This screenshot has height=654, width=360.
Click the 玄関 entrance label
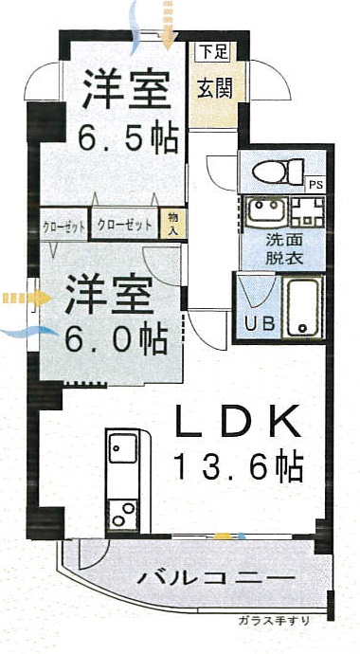click(x=215, y=89)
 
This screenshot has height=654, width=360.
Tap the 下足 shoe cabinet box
click(x=213, y=52)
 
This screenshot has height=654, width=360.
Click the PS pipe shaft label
click(x=315, y=186)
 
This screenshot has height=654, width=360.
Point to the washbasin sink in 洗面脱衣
click(x=265, y=212)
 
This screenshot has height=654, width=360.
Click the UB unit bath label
click(x=260, y=322)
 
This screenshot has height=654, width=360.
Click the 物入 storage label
click(x=173, y=224)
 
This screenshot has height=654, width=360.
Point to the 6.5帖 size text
click(x=129, y=136)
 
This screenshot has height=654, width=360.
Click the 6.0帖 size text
click(x=117, y=338)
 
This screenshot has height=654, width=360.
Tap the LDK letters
click(x=238, y=421)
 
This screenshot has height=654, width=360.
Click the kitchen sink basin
click(x=123, y=448)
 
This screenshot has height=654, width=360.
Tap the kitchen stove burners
click(x=123, y=515)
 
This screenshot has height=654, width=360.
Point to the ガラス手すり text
click(x=275, y=620)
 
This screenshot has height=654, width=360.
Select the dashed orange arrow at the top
click(x=168, y=25)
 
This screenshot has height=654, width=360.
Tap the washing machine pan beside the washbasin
click(x=308, y=212)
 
